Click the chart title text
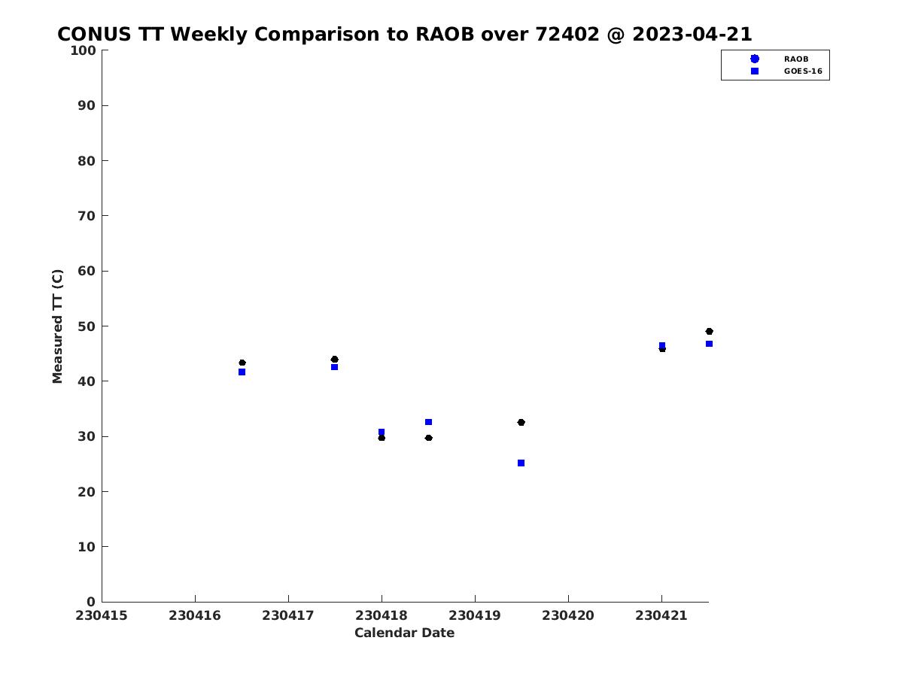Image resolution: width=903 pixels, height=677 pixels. pyautogui.click(x=404, y=34)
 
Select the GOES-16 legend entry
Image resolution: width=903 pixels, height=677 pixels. pyautogui.click(x=786, y=71)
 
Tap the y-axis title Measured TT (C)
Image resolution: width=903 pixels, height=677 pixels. pyautogui.click(x=57, y=326)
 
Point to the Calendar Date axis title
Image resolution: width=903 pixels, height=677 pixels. pyautogui.click(x=404, y=633)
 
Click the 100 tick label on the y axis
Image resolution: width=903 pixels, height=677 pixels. pyautogui.click(x=83, y=50)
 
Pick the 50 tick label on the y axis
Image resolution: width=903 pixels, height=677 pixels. pyautogui.click(x=87, y=326)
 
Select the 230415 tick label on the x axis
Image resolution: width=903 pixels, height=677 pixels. pyautogui.click(x=101, y=615)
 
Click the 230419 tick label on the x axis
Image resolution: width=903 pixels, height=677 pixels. pyautogui.click(x=474, y=615)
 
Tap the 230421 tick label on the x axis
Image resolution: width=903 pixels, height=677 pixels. pyautogui.click(x=661, y=615)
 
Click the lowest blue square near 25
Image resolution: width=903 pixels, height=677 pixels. pyautogui.click(x=521, y=463)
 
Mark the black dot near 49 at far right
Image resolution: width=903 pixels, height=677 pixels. pyautogui.click(x=709, y=331)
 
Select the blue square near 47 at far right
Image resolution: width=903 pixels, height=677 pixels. pyautogui.click(x=709, y=344)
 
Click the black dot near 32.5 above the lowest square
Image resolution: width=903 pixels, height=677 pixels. pyautogui.click(x=521, y=422)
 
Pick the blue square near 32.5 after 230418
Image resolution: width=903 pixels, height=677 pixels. pyautogui.click(x=428, y=422)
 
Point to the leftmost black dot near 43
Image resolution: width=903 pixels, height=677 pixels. pyautogui.click(x=242, y=363)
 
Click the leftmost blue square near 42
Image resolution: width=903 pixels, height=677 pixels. pyautogui.click(x=242, y=372)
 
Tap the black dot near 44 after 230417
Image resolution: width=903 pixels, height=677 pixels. pyautogui.click(x=334, y=360)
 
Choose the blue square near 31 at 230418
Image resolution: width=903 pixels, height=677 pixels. pyautogui.click(x=382, y=432)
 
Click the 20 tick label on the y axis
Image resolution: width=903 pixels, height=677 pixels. pyautogui.click(x=87, y=492)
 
